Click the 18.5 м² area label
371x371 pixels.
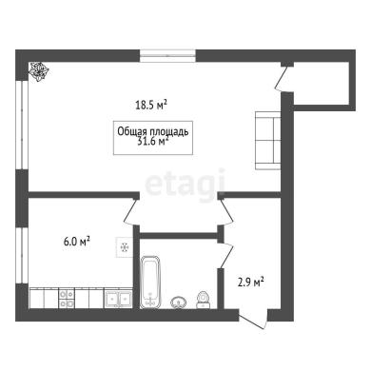151,105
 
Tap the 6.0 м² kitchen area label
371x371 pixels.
77,242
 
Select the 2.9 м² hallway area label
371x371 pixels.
251,282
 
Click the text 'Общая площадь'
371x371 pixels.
153,131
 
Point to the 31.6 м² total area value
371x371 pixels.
152,142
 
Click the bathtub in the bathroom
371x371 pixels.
150,282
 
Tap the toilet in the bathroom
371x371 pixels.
203,300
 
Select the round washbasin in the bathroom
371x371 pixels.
179,303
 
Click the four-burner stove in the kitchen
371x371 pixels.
67,298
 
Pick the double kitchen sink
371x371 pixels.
119,298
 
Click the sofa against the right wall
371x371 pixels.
268,140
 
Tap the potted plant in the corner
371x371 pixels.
38,71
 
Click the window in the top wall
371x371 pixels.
167,56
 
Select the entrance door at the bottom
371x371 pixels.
253,321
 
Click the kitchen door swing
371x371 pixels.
129,210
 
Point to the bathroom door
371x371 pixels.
226,255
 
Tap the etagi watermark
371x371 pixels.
185,184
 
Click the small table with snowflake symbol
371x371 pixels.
125,247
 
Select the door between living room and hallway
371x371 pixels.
226,210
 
